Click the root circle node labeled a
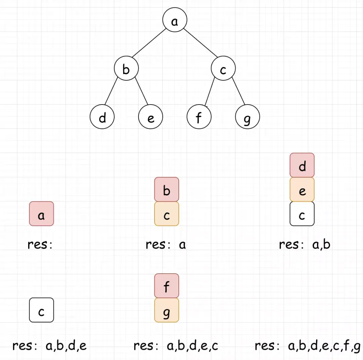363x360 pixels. [174, 21]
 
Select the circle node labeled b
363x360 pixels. [126, 69]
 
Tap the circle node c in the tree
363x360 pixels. [223, 69]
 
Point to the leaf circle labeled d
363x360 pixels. [102, 118]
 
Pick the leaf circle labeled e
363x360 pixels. [151, 118]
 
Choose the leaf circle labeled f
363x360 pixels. [199, 118]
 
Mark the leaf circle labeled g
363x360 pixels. [247, 118]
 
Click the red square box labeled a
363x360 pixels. [41, 214]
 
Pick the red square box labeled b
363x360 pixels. [167, 190]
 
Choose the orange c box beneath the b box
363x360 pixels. [167, 214]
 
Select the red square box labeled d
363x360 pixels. [302, 165]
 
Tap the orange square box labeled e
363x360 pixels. [302, 190]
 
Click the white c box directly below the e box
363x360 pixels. [302, 214]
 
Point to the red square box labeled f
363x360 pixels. [167, 286]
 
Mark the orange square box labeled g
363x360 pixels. [167, 310]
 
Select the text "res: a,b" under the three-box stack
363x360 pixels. [305, 245]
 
